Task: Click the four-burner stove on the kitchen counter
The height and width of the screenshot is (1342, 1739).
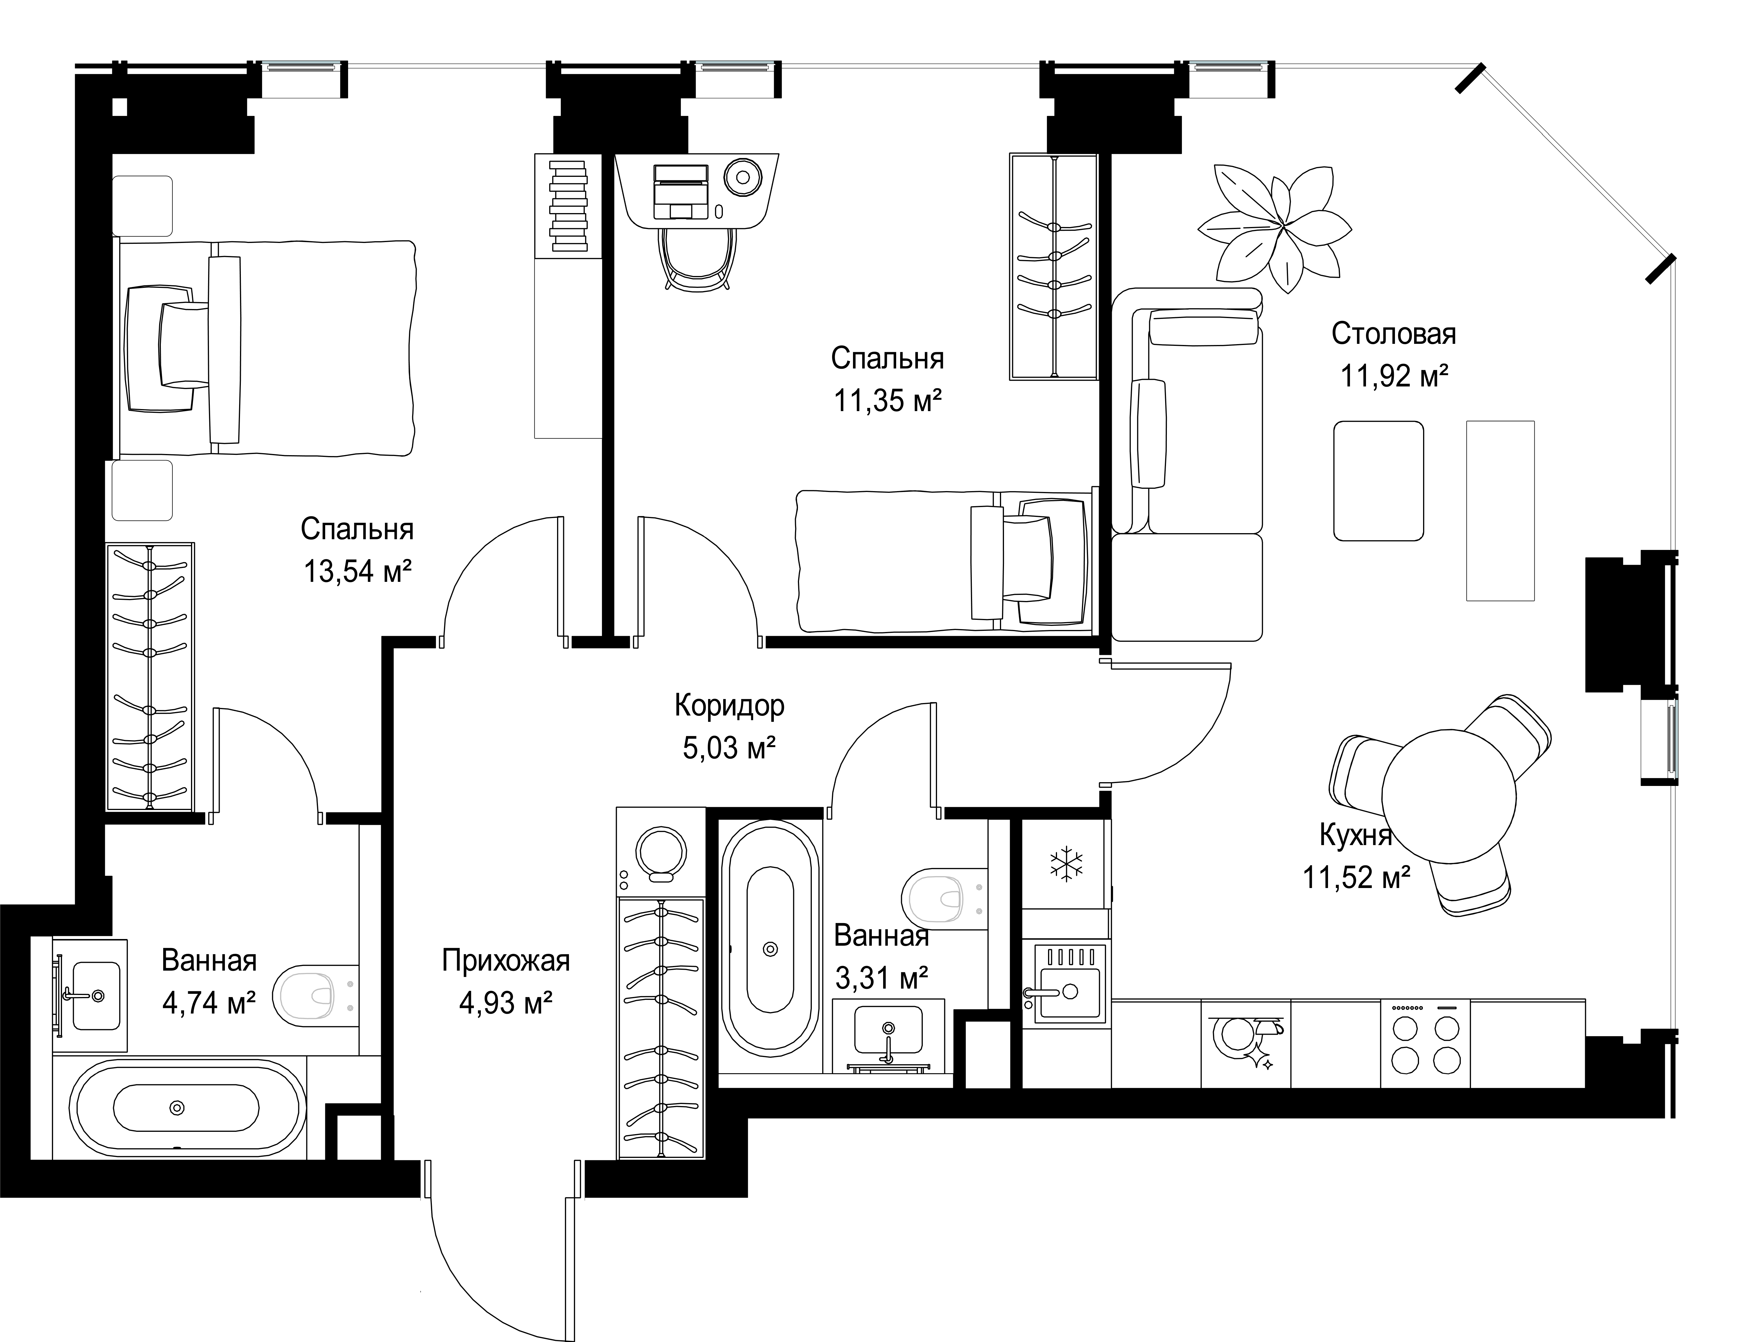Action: click(x=1425, y=1043)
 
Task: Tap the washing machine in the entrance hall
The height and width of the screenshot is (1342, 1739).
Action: click(x=660, y=852)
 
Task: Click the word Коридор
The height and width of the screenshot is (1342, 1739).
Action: click(x=729, y=705)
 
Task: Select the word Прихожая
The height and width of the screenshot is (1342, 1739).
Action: click(x=506, y=960)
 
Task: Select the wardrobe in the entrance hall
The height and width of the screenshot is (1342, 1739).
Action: click(x=661, y=1027)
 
